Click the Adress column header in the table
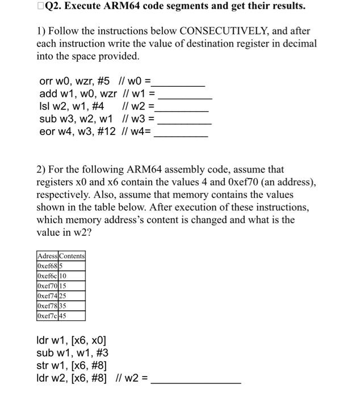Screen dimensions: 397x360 (x=48, y=256)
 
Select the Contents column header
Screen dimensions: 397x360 (x=72, y=256)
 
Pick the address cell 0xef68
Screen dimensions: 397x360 (x=46, y=265)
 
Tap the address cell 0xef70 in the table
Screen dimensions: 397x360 (x=47, y=286)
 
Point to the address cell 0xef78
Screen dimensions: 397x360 (x=47, y=305)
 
